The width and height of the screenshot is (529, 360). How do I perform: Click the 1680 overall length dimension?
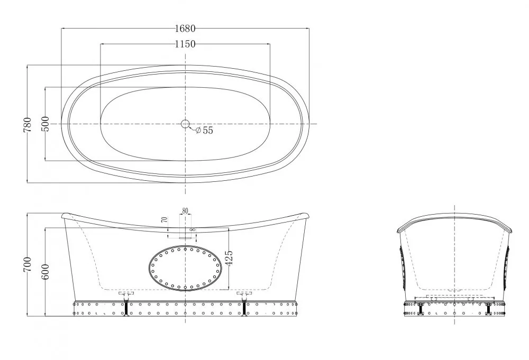(x=185, y=29)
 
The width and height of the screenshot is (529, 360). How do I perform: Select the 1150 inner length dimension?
(x=185, y=44)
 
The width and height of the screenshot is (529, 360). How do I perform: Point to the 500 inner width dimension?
(x=45, y=124)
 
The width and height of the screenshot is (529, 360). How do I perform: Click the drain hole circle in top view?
(x=185, y=124)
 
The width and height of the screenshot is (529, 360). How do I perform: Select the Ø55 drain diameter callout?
(x=204, y=131)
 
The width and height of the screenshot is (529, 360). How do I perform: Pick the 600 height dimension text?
(x=45, y=272)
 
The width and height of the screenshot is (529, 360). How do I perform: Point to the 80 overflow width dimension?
(x=185, y=211)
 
